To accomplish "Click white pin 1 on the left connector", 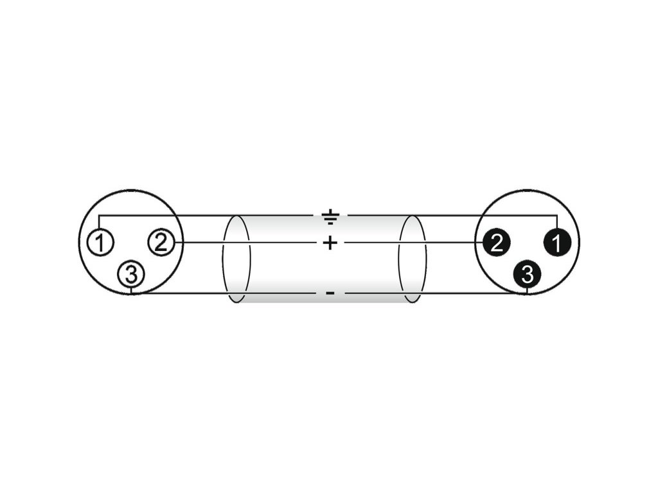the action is click(x=100, y=243).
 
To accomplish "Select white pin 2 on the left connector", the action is click(x=161, y=242).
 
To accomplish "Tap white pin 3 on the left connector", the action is click(x=131, y=275).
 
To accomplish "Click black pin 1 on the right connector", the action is click(x=556, y=243).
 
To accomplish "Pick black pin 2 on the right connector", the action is click(x=496, y=242).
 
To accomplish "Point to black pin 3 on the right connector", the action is click(x=527, y=275).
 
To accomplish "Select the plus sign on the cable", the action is click(x=329, y=243).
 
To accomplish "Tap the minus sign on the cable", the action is click(x=330, y=293).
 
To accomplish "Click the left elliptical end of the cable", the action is click(x=236, y=259).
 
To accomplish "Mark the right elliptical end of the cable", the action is click(x=412, y=259).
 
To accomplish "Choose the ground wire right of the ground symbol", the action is click(x=450, y=214).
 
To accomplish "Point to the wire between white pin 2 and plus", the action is click(x=244, y=242).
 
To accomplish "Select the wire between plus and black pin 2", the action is click(x=411, y=242).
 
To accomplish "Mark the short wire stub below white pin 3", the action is click(x=131, y=290).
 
